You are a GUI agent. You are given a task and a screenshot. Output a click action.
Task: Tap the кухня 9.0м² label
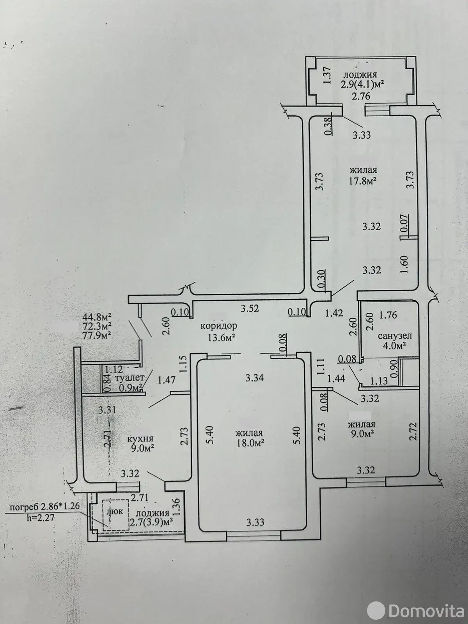[141, 451]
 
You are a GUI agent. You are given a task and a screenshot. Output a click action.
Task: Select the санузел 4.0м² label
[395, 340]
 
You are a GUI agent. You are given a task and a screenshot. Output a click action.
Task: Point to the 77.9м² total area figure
[96, 335]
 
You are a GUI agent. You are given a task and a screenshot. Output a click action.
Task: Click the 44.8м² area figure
[96, 316]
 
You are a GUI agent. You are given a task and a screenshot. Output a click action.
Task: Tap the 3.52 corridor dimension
[250, 308]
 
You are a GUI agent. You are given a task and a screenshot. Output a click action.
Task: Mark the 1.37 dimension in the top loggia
[328, 75]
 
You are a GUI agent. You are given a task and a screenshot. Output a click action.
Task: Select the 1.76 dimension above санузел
[388, 315]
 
